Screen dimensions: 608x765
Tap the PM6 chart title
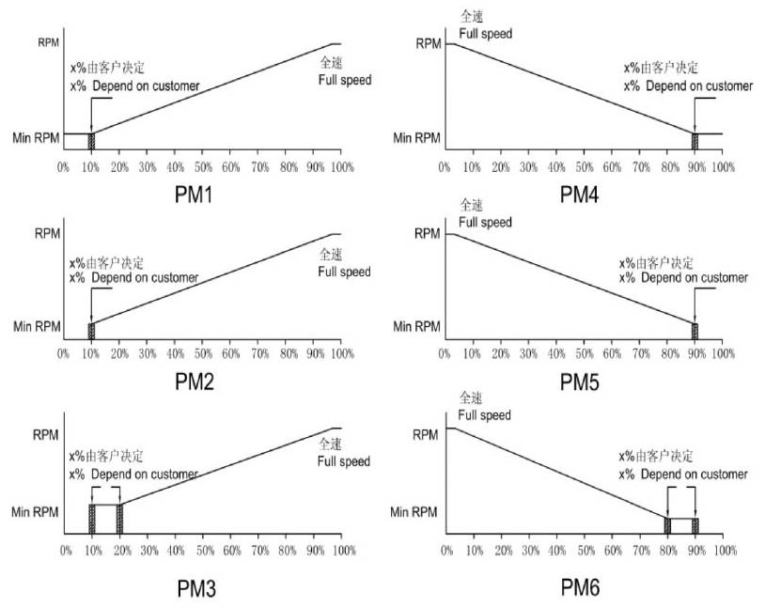[580, 588]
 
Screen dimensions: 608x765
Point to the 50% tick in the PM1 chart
[202, 166]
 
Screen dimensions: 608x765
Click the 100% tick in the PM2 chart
[340, 354]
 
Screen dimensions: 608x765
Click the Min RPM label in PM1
[35, 139]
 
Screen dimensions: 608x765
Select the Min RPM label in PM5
[416, 327]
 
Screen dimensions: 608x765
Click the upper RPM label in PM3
[45, 435]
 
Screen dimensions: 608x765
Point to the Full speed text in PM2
[344, 273]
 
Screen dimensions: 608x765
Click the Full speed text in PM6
[485, 415]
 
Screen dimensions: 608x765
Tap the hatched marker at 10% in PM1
[91, 141]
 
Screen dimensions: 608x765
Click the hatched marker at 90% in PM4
[695, 141]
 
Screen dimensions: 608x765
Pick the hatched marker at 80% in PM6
[667, 525]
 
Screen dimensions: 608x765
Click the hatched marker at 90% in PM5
[695, 331]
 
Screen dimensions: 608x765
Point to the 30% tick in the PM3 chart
[148, 550]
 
